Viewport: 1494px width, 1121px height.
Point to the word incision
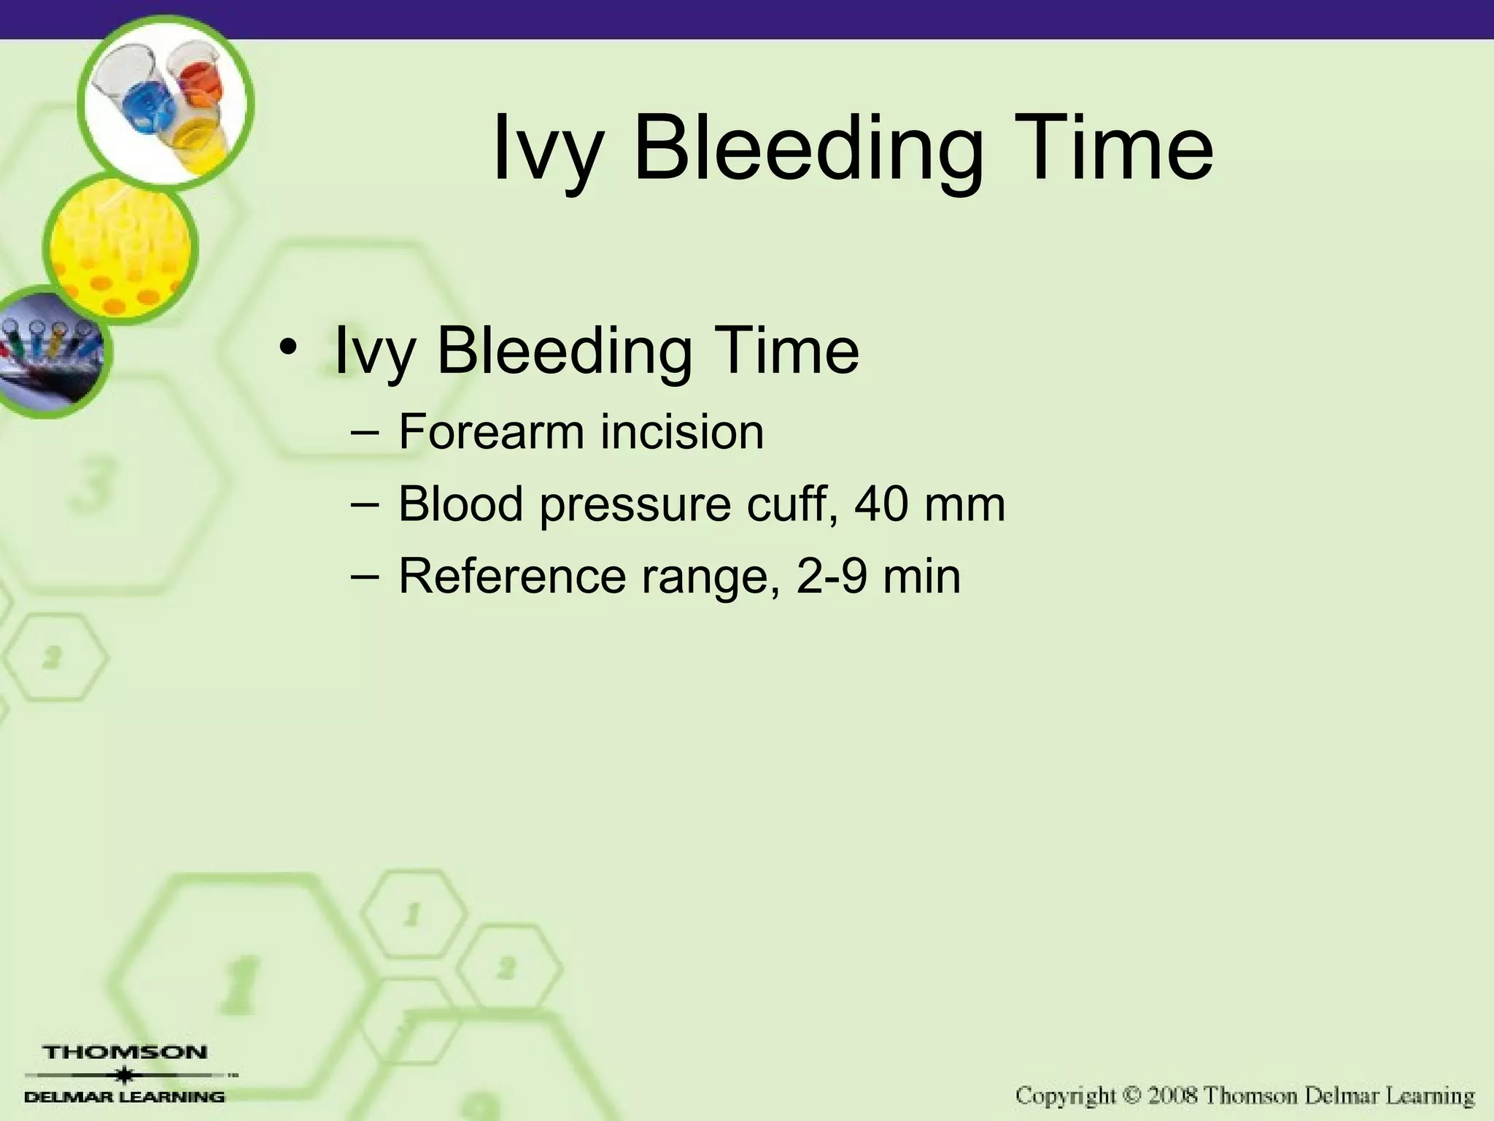tap(682, 431)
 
